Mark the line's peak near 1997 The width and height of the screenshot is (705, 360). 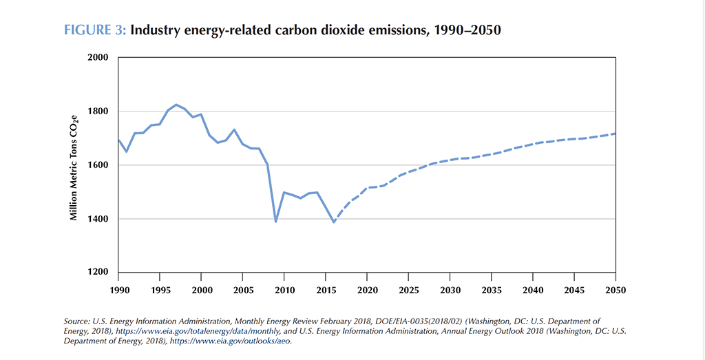pos(176,105)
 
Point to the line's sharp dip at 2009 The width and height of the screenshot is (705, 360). pos(275,222)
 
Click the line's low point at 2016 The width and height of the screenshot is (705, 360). pos(334,222)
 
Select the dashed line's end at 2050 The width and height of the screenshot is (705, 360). pos(615,134)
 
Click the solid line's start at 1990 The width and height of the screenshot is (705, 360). pos(118,140)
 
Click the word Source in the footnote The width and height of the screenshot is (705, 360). pos(76,321)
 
